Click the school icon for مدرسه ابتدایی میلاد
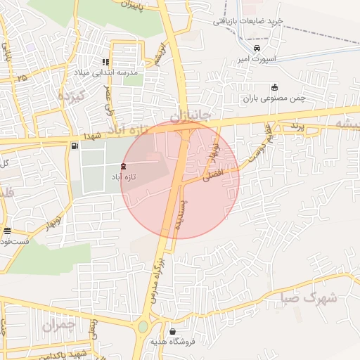pos(106,62)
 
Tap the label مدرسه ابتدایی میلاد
pos(106,72)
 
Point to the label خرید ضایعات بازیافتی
pos(248,21)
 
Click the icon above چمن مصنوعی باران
pos(274,86)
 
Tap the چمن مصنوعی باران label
pos(274,98)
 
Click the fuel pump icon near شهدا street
pos(74,146)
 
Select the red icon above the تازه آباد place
pos(123,166)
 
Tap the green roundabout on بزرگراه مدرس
pos(144,326)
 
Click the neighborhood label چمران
pos(58,326)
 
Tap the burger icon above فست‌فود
pos(7,231)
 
